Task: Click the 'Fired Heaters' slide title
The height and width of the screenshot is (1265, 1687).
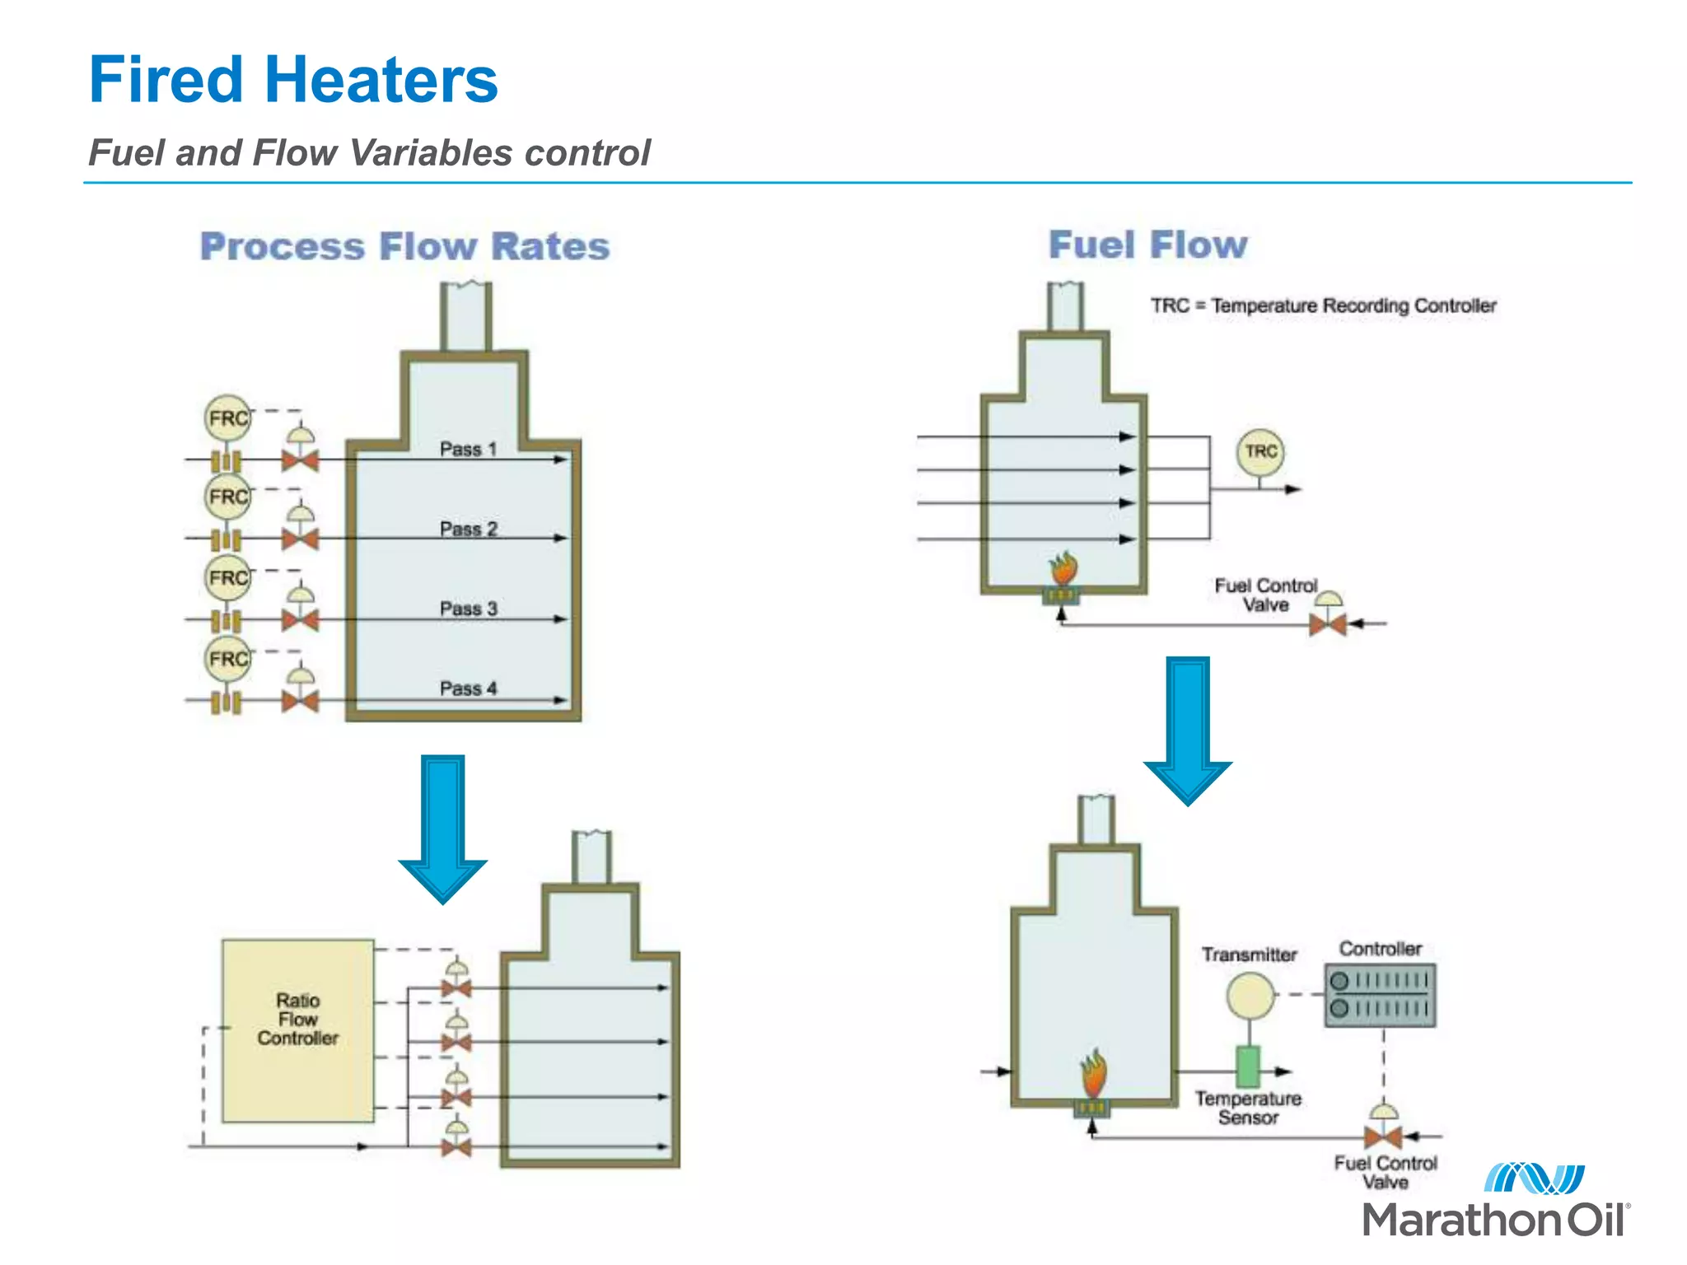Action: (293, 80)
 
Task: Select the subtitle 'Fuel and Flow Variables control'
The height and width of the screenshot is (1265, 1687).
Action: (369, 153)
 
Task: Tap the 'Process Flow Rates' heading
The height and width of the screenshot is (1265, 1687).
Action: (404, 246)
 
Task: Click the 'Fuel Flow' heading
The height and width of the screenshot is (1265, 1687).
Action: (1147, 245)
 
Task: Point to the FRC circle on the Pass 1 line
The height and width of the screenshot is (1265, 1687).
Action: (227, 418)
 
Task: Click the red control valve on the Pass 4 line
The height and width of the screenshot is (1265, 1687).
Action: (300, 702)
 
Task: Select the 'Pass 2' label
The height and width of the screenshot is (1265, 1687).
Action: (468, 529)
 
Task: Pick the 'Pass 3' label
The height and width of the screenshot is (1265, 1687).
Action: (468, 609)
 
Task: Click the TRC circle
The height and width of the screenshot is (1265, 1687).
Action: (1260, 451)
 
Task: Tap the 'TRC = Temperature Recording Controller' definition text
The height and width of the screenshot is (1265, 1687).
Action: (1323, 306)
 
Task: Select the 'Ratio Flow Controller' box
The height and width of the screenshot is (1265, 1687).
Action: (297, 1030)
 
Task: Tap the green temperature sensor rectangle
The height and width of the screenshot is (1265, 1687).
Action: (1248, 1067)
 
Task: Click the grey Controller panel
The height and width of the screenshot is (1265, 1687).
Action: (1380, 995)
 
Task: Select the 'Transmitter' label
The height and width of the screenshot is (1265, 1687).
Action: (1249, 955)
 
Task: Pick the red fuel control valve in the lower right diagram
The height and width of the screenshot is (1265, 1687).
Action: (1382, 1137)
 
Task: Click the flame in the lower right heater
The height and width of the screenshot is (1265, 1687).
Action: (1093, 1074)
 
